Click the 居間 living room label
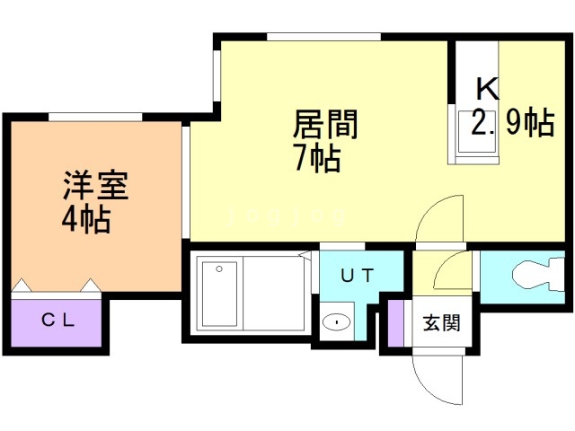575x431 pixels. (326, 124)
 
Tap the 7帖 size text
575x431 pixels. (317, 158)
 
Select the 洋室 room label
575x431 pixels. (95, 185)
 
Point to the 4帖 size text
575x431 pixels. (87, 218)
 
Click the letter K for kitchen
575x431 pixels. (486, 89)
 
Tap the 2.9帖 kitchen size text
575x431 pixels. (512, 123)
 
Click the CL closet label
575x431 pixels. (57, 319)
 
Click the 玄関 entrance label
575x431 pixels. (441, 321)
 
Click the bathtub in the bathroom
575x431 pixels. (218, 295)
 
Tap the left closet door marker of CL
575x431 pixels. (22, 286)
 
